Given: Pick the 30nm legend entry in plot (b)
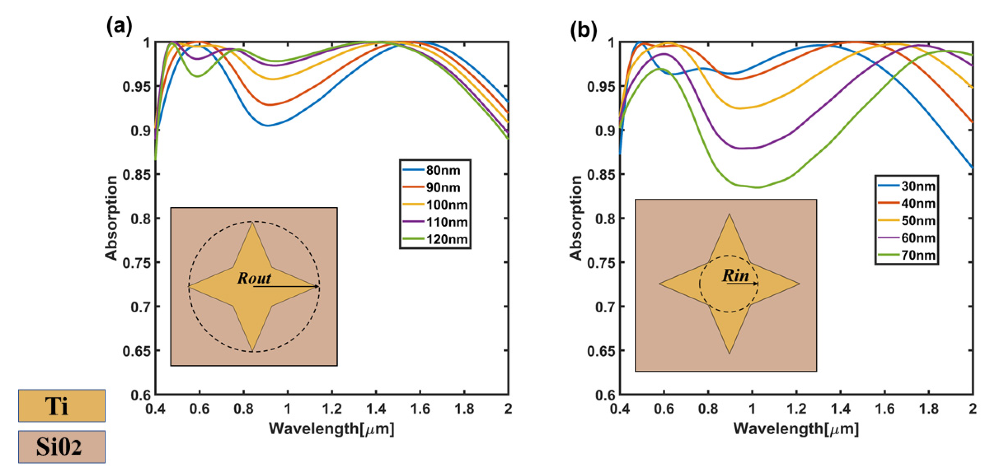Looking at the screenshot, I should pyautogui.click(x=907, y=186).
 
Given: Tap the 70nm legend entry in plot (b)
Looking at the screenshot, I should pyautogui.click(x=907, y=255).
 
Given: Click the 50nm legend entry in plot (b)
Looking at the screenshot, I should pyautogui.click(x=907, y=221).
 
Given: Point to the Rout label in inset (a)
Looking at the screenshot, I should pyautogui.click(x=254, y=278).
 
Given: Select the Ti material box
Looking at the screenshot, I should pyautogui.click(x=62, y=406).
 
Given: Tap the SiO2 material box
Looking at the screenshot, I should pyautogui.click(x=62, y=447).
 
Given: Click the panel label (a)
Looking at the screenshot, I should pyautogui.click(x=119, y=27).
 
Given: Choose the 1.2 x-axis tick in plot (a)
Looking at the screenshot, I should pyautogui.click(x=332, y=409).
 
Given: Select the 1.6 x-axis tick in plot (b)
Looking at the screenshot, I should pyautogui.click(x=884, y=409).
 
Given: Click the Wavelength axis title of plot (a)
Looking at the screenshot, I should pyautogui.click(x=332, y=429).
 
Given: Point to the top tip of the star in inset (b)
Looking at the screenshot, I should pyautogui.click(x=729, y=214).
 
